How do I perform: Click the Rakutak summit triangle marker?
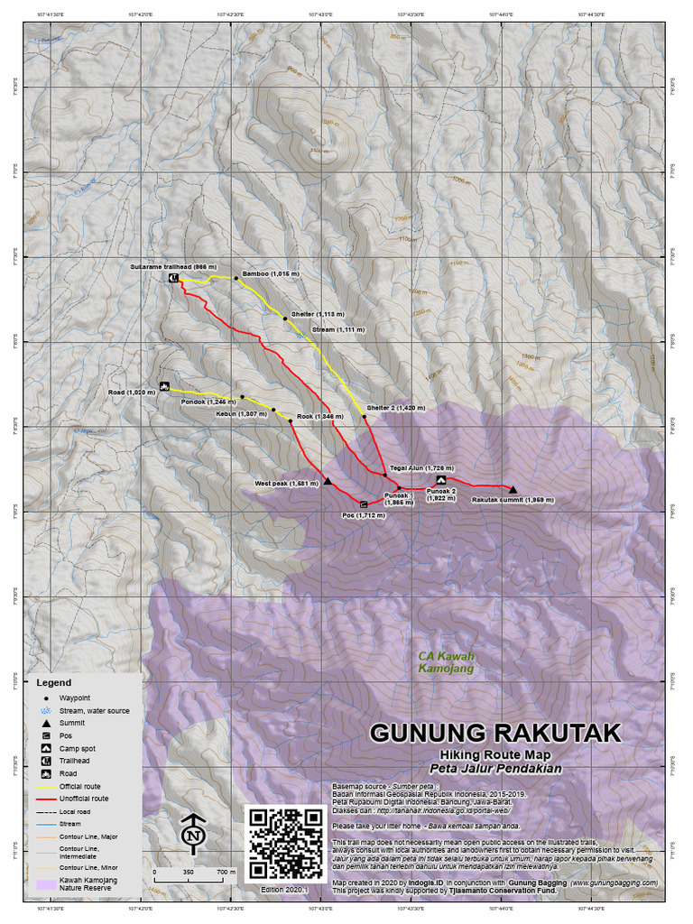[x=513, y=489]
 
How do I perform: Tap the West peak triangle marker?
[x=328, y=481]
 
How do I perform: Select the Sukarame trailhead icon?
[x=173, y=279]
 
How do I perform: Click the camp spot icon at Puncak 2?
[x=441, y=480]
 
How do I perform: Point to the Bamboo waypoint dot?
[x=236, y=278]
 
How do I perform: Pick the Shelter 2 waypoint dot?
[x=365, y=417]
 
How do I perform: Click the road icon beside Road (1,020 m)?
[x=164, y=386]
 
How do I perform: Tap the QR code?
[x=285, y=843]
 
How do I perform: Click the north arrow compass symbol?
[x=192, y=833]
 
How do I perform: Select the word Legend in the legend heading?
[x=53, y=683]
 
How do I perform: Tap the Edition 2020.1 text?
[x=284, y=889]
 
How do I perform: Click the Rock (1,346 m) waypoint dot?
[x=290, y=420]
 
